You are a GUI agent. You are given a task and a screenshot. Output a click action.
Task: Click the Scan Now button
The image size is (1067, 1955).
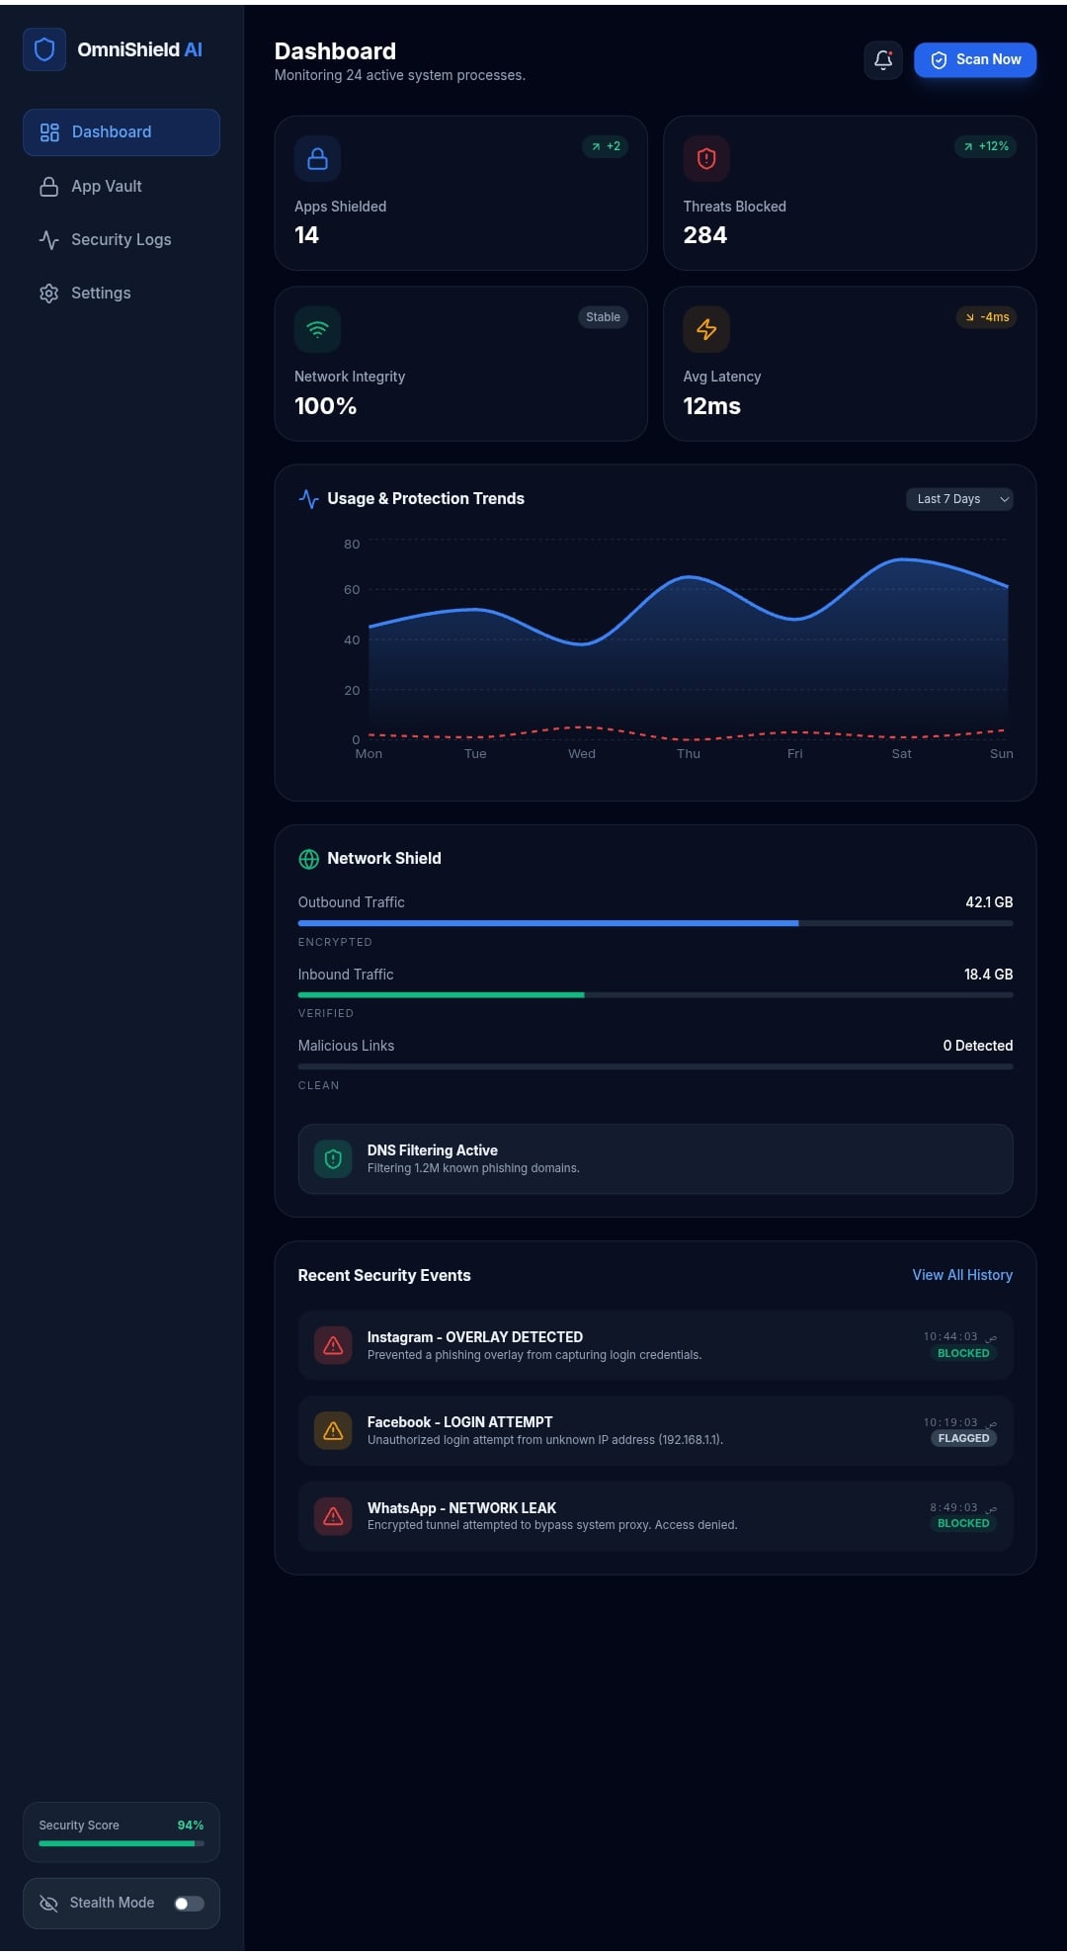click(x=974, y=60)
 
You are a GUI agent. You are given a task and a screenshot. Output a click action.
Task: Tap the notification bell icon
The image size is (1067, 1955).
click(x=883, y=60)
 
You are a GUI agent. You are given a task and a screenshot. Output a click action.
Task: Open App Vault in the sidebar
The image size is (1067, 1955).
click(x=106, y=187)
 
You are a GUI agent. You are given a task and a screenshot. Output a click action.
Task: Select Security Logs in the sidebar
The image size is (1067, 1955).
click(x=121, y=240)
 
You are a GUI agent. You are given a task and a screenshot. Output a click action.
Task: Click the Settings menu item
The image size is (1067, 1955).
click(x=100, y=294)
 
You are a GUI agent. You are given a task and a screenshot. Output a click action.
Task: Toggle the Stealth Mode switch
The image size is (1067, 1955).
click(x=189, y=1904)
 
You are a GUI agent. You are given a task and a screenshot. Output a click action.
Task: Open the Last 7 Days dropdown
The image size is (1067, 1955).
click(x=958, y=499)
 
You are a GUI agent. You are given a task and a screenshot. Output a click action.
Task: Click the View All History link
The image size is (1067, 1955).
click(x=962, y=1275)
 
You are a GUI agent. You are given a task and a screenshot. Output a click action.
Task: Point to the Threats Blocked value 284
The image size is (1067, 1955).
click(x=704, y=235)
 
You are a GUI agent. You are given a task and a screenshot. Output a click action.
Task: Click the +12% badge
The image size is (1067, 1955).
click(x=986, y=146)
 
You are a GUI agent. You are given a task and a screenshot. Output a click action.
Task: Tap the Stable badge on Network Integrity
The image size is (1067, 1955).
click(x=603, y=317)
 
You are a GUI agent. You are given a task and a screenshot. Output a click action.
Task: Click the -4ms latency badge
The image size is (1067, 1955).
click(x=987, y=317)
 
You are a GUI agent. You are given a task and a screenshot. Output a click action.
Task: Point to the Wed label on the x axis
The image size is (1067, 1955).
click(x=582, y=754)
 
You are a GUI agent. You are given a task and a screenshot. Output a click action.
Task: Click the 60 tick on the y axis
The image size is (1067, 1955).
click(x=352, y=590)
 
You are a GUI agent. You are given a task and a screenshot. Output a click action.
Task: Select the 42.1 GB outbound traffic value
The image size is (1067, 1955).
click(x=989, y=902)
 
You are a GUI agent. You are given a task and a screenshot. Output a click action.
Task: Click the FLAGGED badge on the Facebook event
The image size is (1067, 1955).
click(x=963, y=1438)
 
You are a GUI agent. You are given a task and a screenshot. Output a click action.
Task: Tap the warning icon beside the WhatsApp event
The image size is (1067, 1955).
click(x=333, y=1516)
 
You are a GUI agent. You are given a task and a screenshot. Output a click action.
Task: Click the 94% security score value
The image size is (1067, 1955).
click(x=191, y=1826)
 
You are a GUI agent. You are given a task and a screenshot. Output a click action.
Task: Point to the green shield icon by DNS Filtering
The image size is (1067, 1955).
click(x=333, y=1158)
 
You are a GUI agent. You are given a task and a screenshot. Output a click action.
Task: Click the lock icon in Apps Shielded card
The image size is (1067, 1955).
click(x=317, y=159)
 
